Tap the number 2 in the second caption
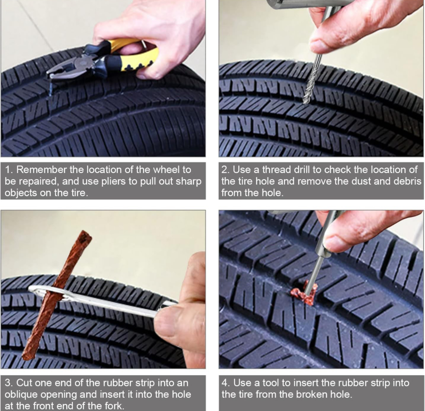(225, 170)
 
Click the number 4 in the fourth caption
(225, 383)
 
